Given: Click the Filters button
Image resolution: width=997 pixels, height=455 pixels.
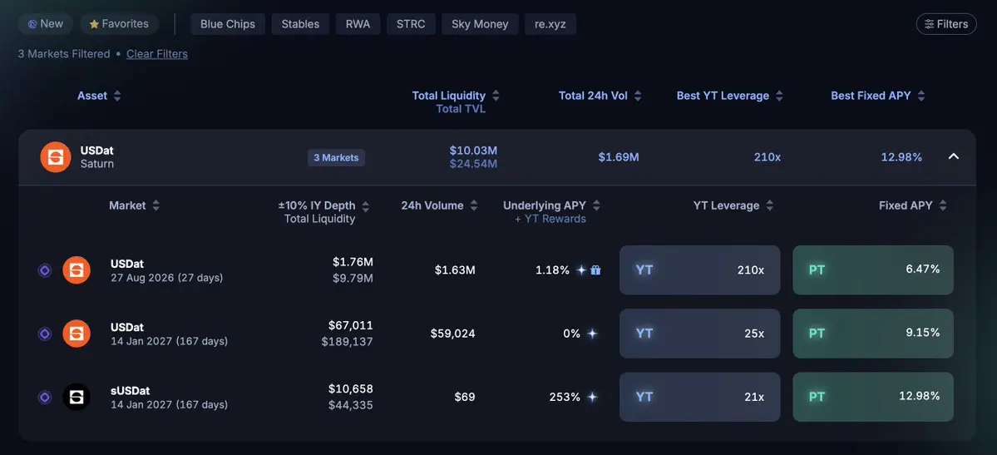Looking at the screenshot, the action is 946,24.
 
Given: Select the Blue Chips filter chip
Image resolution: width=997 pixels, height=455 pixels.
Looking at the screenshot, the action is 228,24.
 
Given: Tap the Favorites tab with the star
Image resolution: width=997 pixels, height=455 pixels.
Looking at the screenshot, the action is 119,24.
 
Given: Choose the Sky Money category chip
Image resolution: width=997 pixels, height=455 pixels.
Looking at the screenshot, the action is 480,24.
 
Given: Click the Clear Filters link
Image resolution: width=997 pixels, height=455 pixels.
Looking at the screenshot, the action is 157,54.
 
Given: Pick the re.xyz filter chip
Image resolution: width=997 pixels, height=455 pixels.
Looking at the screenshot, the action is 550,24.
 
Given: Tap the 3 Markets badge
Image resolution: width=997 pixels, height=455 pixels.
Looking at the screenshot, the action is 337,158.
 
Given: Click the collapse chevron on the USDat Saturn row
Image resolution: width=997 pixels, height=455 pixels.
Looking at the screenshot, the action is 953,156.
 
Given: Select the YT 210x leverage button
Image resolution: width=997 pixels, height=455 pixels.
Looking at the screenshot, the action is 699,270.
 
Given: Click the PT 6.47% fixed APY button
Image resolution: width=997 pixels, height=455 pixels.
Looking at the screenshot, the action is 873,270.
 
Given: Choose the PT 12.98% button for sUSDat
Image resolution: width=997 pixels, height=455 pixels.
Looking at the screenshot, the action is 873,397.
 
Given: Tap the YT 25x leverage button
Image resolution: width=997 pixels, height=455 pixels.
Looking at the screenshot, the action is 699,334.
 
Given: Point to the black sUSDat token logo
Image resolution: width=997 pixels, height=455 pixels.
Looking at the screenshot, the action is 77,397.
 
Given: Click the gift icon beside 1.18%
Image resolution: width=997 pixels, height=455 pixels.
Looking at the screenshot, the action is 595,270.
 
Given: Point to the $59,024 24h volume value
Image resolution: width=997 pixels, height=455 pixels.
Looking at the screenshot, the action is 452,334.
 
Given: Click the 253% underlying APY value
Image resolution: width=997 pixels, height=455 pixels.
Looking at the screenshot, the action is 565,397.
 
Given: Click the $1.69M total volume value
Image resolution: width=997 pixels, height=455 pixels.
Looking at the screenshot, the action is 619,156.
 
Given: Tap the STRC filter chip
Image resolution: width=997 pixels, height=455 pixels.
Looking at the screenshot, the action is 411,24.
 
